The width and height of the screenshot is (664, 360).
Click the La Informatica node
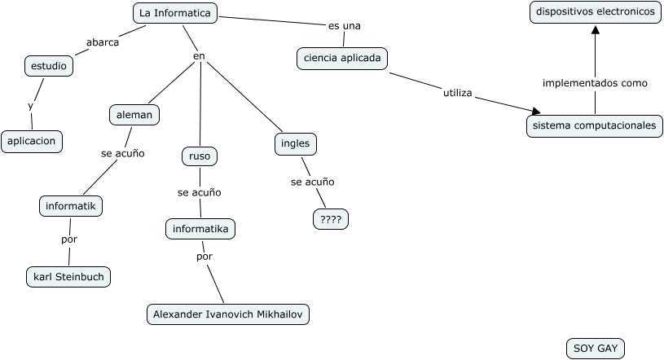(175, 13)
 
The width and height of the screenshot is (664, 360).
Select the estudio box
(49, 66)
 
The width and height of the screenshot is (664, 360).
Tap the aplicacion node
(32, 141)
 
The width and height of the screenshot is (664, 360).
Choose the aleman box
(134, 115)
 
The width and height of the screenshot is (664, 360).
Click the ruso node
(200, 156)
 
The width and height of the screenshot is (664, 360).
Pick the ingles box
(295, 144)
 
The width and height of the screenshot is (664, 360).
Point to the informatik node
(71, 206)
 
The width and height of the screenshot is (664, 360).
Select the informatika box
(200, 229)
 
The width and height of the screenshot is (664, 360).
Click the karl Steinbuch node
(68, 277)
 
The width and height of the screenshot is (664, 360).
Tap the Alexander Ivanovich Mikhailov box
(228, 314)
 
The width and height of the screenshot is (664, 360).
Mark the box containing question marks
(331, 219)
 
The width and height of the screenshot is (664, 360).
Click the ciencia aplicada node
(341, 59)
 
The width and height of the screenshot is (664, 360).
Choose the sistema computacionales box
(594, 126)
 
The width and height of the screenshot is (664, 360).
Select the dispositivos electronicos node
(595, 12)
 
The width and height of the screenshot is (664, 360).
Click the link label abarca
(103, 42)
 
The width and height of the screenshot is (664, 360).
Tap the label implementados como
(595, 83)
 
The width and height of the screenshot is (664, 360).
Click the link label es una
(344, 26)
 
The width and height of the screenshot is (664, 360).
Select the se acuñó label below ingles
(312, 182)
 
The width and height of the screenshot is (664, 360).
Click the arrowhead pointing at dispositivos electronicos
(595, 30)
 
